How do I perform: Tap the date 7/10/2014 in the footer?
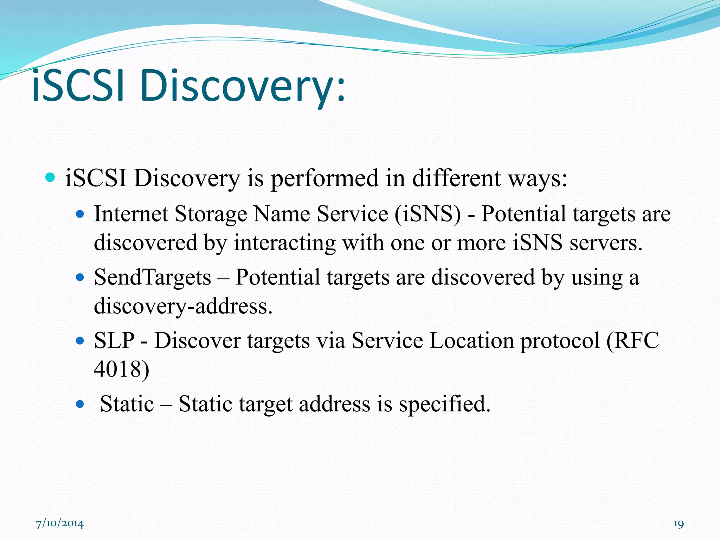(x=60, y=524)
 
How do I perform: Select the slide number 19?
(x=679, y=524)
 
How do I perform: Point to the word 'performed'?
(x=323, y=179)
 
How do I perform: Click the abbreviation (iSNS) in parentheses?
(x=427, y=214)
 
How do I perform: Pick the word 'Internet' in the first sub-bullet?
(x=130, y=214)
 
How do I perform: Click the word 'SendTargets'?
(x=152, y=277)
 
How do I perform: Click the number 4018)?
(x=122, y=369)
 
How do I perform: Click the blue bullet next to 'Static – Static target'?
(x=81, y=404)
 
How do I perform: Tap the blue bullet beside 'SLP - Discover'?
(x=81, y=341)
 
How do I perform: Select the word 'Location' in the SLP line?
(x=471, y=341)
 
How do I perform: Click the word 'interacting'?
(x=285, y=243)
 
